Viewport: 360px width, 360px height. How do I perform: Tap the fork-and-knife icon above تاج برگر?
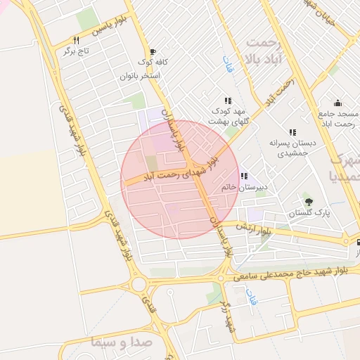coord(75,41)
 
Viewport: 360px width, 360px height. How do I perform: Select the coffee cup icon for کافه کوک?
coord(152,51)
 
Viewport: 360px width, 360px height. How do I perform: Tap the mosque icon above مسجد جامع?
coord(337,102)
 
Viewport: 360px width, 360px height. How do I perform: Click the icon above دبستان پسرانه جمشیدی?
coord(292,132)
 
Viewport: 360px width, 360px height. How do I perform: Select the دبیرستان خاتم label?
coord(256,188)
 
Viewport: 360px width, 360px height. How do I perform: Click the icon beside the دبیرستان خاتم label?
coord(243,176)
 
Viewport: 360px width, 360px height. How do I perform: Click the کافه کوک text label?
coord(169,62)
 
